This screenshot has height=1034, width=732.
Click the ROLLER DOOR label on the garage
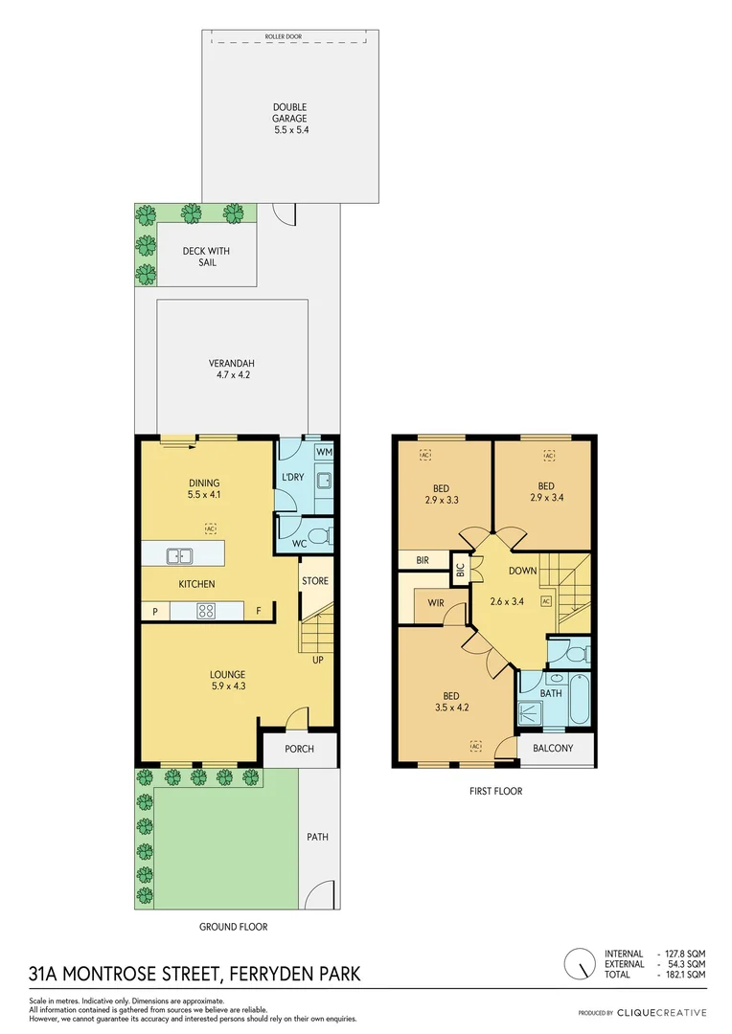(x=290, y=37)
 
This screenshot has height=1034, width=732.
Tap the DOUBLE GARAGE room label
(x=290, y=113)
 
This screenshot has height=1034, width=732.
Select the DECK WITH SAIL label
(x=206, y=257)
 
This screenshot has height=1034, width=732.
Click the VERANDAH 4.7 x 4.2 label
(x=231, y=370)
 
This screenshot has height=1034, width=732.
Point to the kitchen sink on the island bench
(x=177, y=554)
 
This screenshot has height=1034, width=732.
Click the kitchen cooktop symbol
(x=206, y=610)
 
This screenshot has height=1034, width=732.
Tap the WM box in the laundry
(x=324, y=451)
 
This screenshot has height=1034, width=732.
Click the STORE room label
(x=315, y=581)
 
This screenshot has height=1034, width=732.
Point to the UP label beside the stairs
(x=317, y=660)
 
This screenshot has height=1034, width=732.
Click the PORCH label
(x=300, y=749)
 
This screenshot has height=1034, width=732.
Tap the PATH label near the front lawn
(x=317, y=837)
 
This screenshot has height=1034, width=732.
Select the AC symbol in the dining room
(x=210, y=528)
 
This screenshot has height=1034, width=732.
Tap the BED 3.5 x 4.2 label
(x=449, y=702)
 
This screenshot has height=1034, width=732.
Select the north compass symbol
(x=578, y=963)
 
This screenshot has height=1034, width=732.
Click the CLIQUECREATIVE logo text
(x=661, y=1013)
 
